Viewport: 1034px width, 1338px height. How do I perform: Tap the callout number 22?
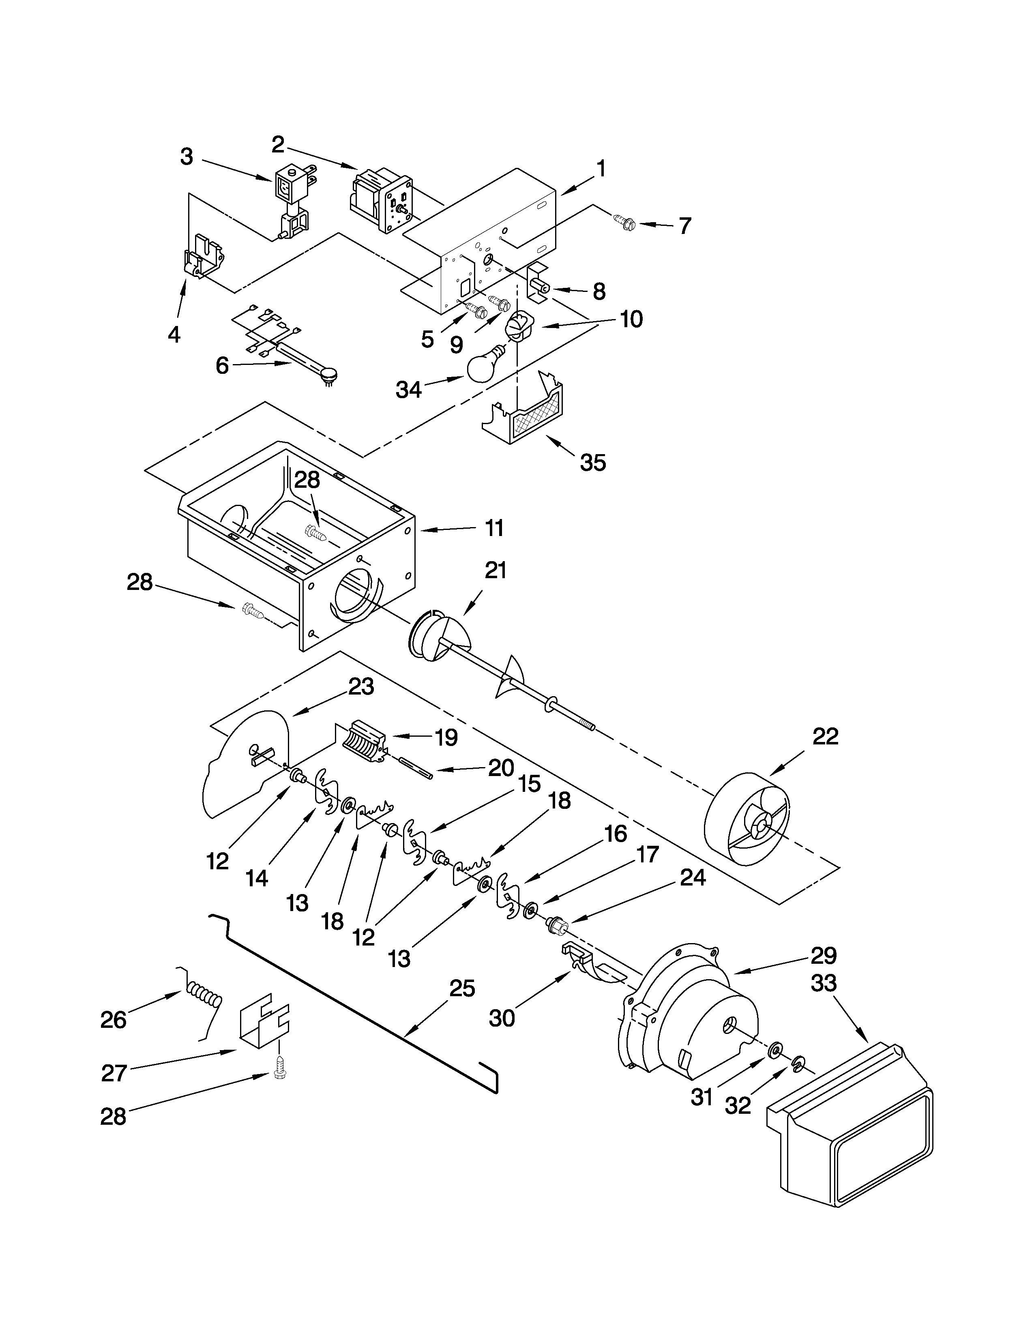coord(824,736)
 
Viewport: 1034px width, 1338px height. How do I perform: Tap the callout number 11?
coord(494,528)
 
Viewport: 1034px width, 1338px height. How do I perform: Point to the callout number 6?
coord(222,366)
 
